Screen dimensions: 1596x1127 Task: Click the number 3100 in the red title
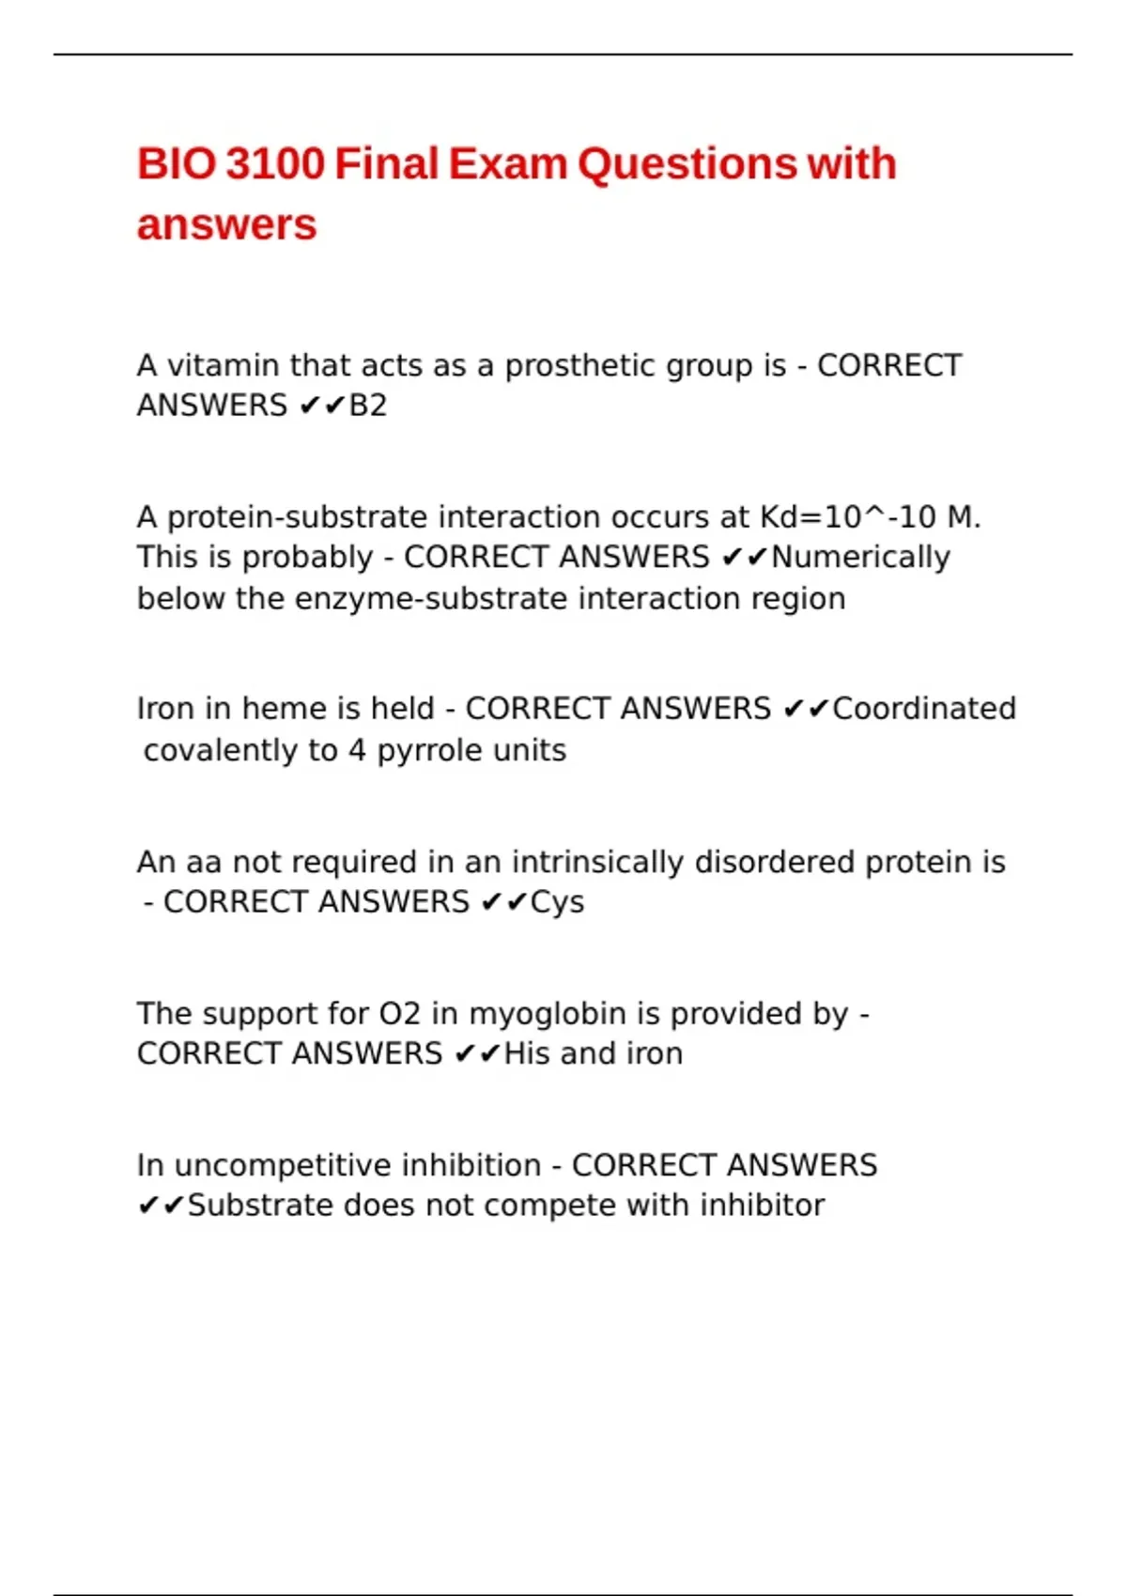275,163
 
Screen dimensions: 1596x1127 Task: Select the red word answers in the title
226,224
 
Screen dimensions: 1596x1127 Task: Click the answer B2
367,406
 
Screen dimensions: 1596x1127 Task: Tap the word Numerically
860,558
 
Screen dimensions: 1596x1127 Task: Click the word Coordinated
924,709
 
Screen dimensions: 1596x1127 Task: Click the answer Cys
557,902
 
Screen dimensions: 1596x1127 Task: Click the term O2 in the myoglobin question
399,1014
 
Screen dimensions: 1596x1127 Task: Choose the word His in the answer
527,1054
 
